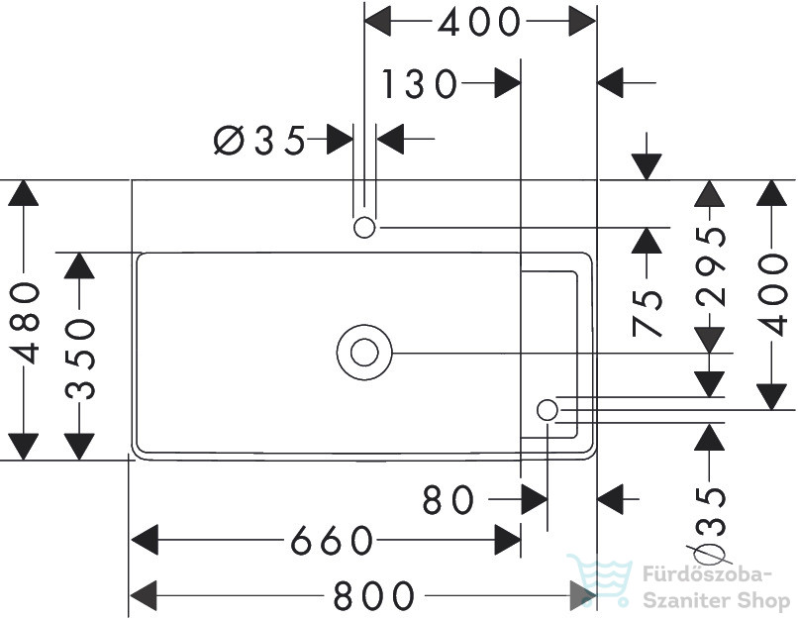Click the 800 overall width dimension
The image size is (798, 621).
[373, 595]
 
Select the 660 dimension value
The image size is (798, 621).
[332, 540]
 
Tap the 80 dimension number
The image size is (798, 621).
[448, 499]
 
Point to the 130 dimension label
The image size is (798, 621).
[420, 83]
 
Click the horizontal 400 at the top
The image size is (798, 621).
[479, 22]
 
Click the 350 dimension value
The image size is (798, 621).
[81, 359]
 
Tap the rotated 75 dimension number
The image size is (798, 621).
[648, 313]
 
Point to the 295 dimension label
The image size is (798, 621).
[711, 265]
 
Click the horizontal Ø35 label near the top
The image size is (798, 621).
[259, 140]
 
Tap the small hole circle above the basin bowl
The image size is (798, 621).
[364, 227]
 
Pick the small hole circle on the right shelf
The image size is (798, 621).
[548, 410]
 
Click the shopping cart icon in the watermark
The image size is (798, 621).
[600, 580]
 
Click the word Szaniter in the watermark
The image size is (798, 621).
[684, 600]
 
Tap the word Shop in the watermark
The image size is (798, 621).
[759, 602]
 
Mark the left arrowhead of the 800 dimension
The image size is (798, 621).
[145, 595]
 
